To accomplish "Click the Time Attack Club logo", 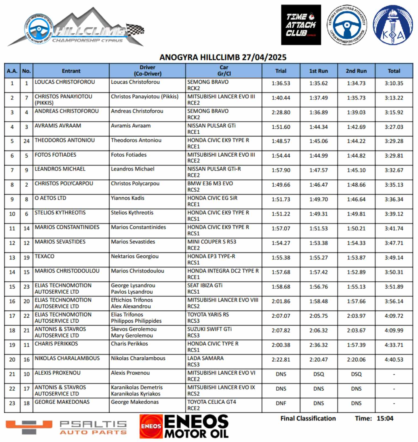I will point(301,25).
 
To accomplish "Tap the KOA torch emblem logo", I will point(393,25).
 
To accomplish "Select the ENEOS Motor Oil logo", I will point(184,426).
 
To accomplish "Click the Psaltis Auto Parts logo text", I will point(93,427).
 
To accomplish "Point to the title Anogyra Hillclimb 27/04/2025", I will point(223,57).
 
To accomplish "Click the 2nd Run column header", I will point(356,71).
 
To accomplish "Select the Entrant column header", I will point(71,71).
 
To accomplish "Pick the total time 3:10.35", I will point(394,83).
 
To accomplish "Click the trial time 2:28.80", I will point(281,112).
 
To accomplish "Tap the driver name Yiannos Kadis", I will point(128,198).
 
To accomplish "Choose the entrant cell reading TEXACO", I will point(44,256).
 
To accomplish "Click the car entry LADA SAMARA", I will point(205,358).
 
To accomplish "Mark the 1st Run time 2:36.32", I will point(318,345).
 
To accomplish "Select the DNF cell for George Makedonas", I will point(281,403).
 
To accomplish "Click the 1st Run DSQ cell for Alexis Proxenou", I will point(318,374).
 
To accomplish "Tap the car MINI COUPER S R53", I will point(212,242).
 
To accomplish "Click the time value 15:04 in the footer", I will point(385,419).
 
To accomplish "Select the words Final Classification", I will point(308,419).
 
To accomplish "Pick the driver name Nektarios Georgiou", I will point(135,256).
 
